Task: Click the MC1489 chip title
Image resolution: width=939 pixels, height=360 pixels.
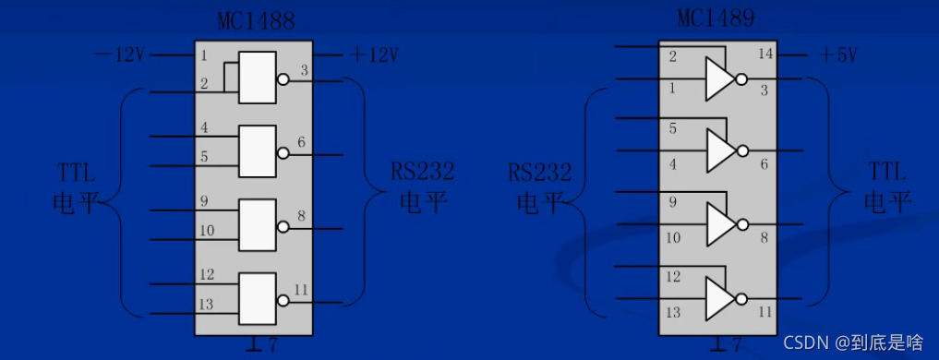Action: tap(716, 19)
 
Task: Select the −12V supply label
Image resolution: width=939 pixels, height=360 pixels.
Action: tap(120, 54)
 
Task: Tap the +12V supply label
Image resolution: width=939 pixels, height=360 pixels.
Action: tap(374, 54)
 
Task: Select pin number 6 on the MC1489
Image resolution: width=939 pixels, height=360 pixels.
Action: tap(764, 163)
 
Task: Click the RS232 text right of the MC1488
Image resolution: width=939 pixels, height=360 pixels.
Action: tap(422, 172)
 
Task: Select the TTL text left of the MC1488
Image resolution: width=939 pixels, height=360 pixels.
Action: tap(76, 172)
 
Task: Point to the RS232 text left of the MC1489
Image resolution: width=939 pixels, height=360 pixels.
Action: tap(540, 172)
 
